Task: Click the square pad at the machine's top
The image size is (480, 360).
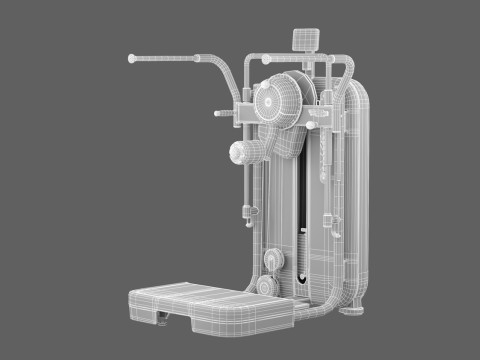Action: pyautogui.click(x=304, y=41)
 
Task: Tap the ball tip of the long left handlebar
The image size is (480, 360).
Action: pyautogui.click(x=132, y=60)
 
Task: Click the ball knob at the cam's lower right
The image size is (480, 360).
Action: pyautogui.click(x=312, y=125)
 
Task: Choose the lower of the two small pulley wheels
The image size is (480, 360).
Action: pyautogui.click(x=265, y=287)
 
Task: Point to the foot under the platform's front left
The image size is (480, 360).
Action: pyautogui.click(x=161, y=320)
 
